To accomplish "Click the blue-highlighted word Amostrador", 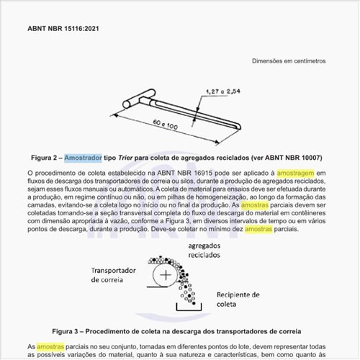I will tap(83, 157).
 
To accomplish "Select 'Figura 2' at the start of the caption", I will tap(42, 157).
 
